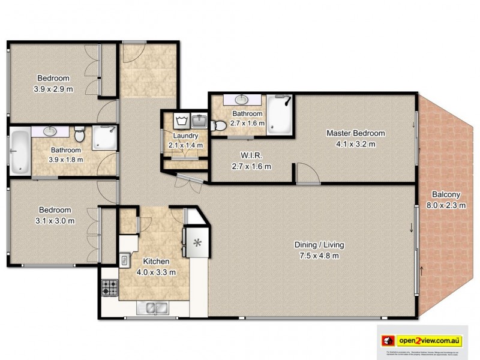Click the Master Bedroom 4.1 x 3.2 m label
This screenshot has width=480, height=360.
click(355, 138)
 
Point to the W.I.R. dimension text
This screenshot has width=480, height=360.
click(251, 166)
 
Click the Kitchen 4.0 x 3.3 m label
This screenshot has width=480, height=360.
click(156, 266)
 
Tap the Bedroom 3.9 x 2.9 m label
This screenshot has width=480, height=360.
click(53, 83)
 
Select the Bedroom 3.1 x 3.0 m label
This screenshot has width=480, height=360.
click(55, 215)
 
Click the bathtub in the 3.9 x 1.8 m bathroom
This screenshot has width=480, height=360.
click(20, 152)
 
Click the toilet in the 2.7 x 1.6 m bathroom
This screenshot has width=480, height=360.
click(220, 125)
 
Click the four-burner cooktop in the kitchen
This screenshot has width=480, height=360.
click(109, 287)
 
